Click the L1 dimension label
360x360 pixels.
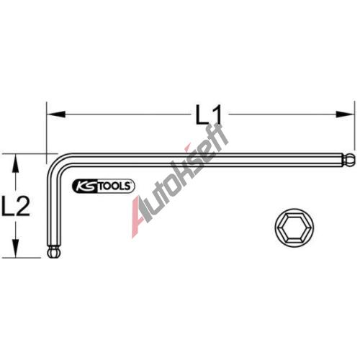208,115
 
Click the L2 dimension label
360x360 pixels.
16,206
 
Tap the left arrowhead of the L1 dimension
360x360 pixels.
56,114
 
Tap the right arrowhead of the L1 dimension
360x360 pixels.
345,114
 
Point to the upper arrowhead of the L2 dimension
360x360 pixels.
16,163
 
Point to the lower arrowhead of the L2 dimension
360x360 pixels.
16,248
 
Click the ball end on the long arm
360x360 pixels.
349,160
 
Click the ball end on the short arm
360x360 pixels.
54,251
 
